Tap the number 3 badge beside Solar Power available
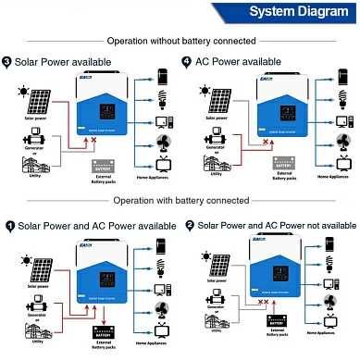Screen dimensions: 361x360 click(8, 61)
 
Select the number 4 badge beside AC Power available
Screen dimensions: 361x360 click(187, 61)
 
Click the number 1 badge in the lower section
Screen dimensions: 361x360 click(9, 225)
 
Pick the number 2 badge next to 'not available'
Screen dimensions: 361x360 click(190, 225)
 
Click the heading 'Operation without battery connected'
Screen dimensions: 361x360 click(180, 41)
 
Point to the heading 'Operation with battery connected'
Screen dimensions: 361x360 click(180, 200)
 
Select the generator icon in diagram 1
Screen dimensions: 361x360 click(38, 295)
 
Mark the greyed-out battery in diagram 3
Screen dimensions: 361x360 click(104, 167)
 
